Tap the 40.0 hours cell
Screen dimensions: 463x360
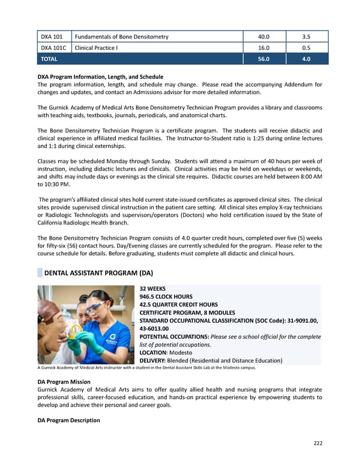264,37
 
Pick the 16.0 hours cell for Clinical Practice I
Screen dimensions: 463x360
264,47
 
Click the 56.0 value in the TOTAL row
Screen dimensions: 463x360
264,59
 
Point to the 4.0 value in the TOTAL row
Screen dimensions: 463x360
307,59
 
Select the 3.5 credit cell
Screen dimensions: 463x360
307,37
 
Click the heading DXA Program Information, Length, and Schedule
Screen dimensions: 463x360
100,77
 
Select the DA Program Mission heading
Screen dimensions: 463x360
64,382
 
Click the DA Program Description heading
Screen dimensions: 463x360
68,420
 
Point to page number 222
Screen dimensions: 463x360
317,443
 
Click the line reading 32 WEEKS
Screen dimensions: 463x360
152,288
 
